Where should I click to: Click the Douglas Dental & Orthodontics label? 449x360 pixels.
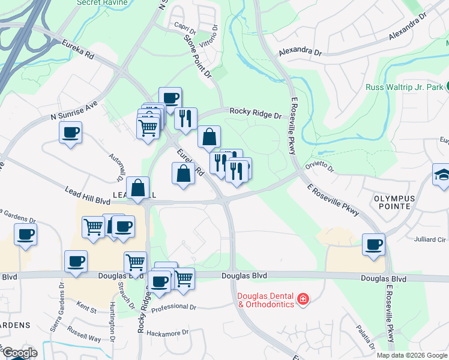tap(267, 300)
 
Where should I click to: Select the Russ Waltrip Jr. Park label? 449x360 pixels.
tap(404, 87)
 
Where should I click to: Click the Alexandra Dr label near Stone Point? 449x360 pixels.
tap(300, 53)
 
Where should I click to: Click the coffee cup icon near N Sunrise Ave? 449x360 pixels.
tap(71, 131)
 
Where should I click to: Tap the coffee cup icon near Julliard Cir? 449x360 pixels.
tap(373, 244)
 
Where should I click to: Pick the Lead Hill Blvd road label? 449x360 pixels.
tap(85, 191)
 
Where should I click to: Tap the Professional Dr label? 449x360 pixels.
tap(174, 308)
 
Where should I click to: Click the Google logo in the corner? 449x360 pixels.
tap(19, 353)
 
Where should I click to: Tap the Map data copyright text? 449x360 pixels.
tap(411, 355)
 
